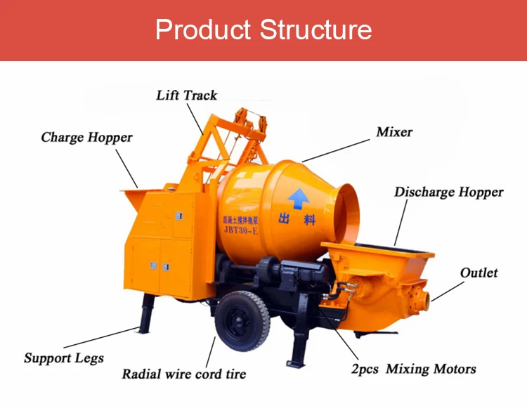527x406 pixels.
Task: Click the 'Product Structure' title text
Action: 263,30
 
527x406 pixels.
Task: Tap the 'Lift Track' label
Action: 186,95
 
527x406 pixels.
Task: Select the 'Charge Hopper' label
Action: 86,137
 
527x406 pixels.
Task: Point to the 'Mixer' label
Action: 394,131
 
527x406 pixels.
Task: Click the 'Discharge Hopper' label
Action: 448,192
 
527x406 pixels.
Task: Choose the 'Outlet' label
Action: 479,273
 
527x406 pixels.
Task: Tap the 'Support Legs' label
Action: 63,358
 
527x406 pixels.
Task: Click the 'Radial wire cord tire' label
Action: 184,374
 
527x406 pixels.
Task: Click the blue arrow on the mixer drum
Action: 299,199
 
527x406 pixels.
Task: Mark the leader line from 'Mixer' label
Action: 336,149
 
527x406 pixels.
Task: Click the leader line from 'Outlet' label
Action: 448,291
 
